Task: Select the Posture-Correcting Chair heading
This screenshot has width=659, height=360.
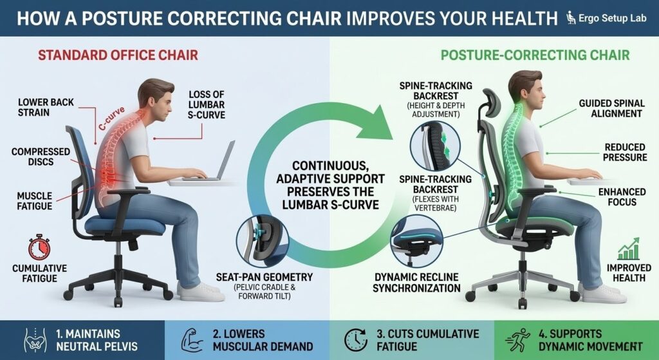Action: coord(535,55)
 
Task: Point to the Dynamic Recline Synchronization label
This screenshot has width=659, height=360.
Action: coord(416,282)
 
